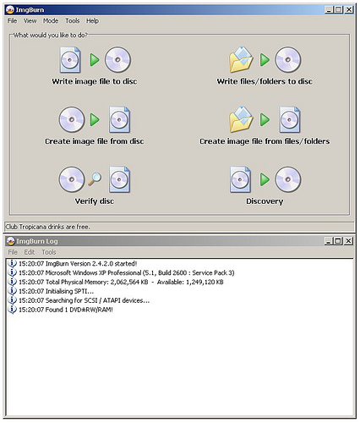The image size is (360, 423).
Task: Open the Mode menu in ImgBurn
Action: click(x=51, y=21)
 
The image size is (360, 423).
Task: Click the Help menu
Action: click(x=92, y=21)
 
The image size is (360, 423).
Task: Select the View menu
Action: click(x=30, y=21)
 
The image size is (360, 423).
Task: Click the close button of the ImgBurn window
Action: click(x=349, y=10)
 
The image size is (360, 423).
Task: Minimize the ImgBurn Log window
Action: click(x=328, y=241)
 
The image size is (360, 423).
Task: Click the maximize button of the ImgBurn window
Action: click(x=339, y=10)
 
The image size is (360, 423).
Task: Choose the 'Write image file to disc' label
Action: click(x=95, y=81)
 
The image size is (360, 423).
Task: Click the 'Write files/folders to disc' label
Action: click(x=265, y=81)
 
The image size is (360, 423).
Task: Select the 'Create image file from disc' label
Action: click(x=95, y=141)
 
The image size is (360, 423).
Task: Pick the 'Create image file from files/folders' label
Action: click(x=265, y=141)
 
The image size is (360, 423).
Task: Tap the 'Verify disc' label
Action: click(x=95, y=201)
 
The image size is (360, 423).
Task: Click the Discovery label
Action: click(x=265, y=201)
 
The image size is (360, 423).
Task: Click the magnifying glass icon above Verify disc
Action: click(x=95, y=179)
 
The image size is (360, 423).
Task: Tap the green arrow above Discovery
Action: click(x=265, y=179)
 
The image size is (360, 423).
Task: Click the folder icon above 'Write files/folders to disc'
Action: click(x=241, y=60)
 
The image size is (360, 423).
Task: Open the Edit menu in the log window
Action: click(x=29, y=252)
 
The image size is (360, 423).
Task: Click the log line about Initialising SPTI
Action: click(x=56, y=291)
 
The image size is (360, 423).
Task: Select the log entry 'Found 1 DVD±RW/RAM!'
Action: click(x=66, y=310)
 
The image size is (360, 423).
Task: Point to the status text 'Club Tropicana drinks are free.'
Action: click(x=48, y=227)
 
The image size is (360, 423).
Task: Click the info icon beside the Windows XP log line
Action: click(x=12, y=272)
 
